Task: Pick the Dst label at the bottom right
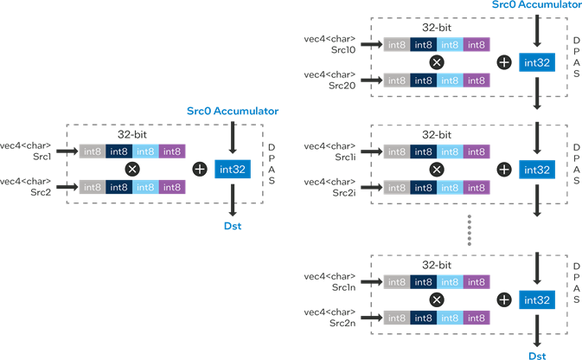click(x=537, y=355)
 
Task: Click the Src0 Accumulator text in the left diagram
click(x=233, y=112)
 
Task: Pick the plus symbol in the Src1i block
click(x=504, y=169)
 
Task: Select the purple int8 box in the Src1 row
click(x=171, y=151)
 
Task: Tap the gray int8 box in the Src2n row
click(x=397, y=318)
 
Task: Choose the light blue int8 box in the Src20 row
click(x=451, y=80)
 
